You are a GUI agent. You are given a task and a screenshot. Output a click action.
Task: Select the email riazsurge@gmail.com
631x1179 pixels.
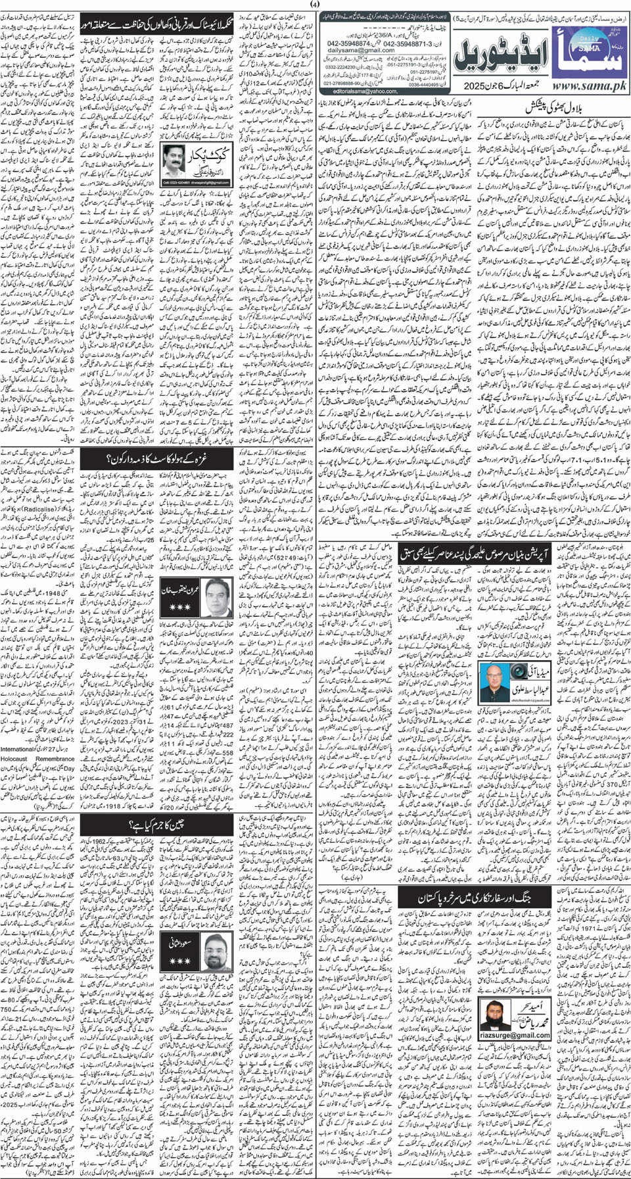point(514,1035)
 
